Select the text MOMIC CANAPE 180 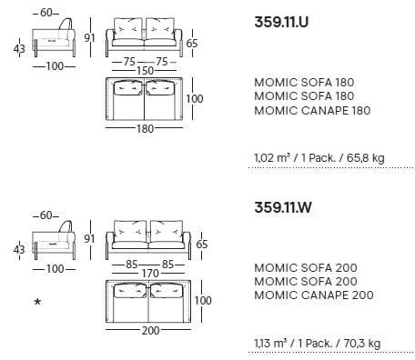coord(305,110)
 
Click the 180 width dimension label coord(145,128)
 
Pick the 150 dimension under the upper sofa coord(145,71)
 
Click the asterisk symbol coord(37,301)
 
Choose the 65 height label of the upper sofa coord(192,43)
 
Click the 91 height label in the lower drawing coord(88,239)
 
